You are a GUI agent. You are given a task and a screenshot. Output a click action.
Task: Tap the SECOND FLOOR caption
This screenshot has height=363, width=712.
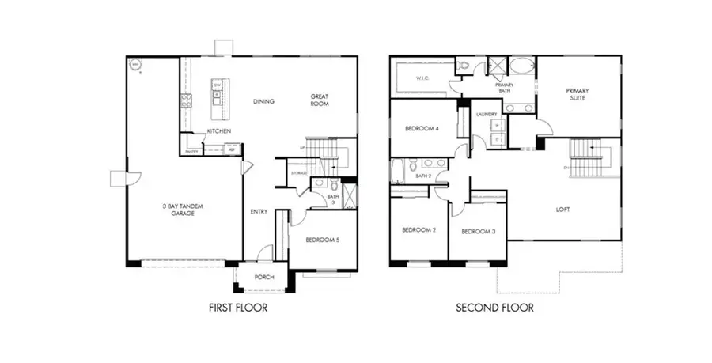pos(494,308)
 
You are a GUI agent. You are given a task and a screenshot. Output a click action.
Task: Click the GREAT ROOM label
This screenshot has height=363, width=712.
pos(319,100)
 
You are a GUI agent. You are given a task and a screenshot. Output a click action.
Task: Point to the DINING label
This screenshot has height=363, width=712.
pos(263,102)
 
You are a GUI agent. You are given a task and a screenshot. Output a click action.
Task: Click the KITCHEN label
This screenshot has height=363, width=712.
pos(219,131)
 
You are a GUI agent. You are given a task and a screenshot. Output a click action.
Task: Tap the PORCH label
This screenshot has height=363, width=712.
pos(263,278)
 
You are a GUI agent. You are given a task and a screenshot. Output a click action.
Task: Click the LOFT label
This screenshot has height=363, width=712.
pos(563,210)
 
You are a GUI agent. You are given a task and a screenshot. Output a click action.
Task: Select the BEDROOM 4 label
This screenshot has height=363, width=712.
pos(423,129)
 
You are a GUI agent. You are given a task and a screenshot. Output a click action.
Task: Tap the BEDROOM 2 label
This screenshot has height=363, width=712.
pos(419,231)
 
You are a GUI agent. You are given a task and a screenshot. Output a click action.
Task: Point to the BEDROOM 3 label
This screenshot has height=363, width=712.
pos(478,232)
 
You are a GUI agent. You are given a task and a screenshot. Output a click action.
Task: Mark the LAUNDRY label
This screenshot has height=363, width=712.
pos(486,115)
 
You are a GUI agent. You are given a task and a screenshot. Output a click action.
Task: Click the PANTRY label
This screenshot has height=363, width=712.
pos(191,150)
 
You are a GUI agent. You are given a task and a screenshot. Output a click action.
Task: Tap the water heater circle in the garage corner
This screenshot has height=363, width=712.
pos(136,65)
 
